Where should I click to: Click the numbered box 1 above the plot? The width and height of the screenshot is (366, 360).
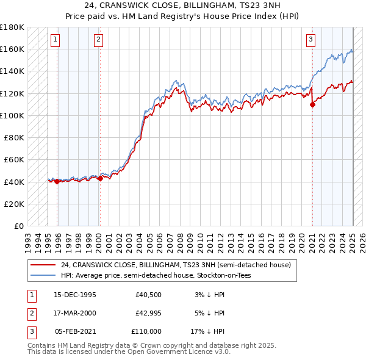click(x=55, y=40)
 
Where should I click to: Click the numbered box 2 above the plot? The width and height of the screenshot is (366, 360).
click(x=98, y=40)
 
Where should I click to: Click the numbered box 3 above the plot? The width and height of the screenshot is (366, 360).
click(x=310, y=40)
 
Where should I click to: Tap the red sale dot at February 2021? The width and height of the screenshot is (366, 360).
click(x=312, y=104)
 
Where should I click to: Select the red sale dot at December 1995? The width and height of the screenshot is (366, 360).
click(x=57, y=181)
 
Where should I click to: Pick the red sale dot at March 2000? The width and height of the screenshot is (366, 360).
click(x=100, y=178)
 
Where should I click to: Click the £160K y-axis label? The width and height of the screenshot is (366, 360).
click(x=13, y=49)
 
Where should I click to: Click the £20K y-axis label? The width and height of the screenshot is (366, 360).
click(x=15, y=204)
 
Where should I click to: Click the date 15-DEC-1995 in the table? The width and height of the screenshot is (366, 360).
click(x=75, y=295)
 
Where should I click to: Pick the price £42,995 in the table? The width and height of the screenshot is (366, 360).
click(x=148, y=313)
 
